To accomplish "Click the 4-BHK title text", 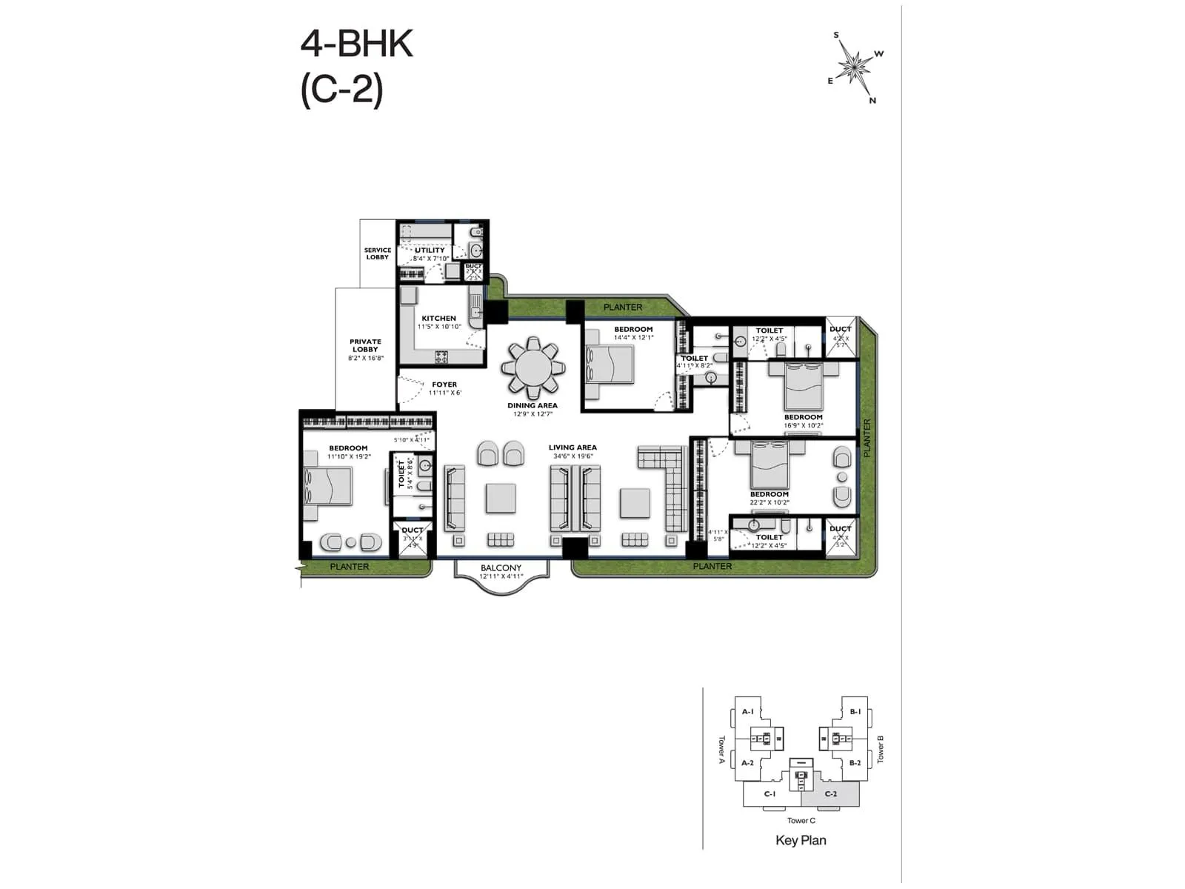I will (356, 44).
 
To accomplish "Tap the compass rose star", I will (856, 67).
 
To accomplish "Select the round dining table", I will (533, 367).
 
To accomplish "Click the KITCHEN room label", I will (439, 319).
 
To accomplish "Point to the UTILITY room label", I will (430, 250).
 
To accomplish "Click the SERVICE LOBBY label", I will (378, 253).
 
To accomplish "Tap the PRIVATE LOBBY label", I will (365, 346).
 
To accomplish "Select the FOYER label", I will (444, 384).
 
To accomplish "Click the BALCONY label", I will (501, 567).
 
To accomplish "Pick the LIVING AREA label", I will (573, 447).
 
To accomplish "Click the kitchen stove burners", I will (441, 357).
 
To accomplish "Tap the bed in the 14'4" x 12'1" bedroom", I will (610, 364).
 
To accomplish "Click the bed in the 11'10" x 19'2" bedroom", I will (327, 486).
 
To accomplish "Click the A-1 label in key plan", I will (747, 712).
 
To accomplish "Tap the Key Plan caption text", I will (801, 840).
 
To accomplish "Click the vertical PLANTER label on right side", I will (867, 438).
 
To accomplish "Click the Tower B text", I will (881, 749).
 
